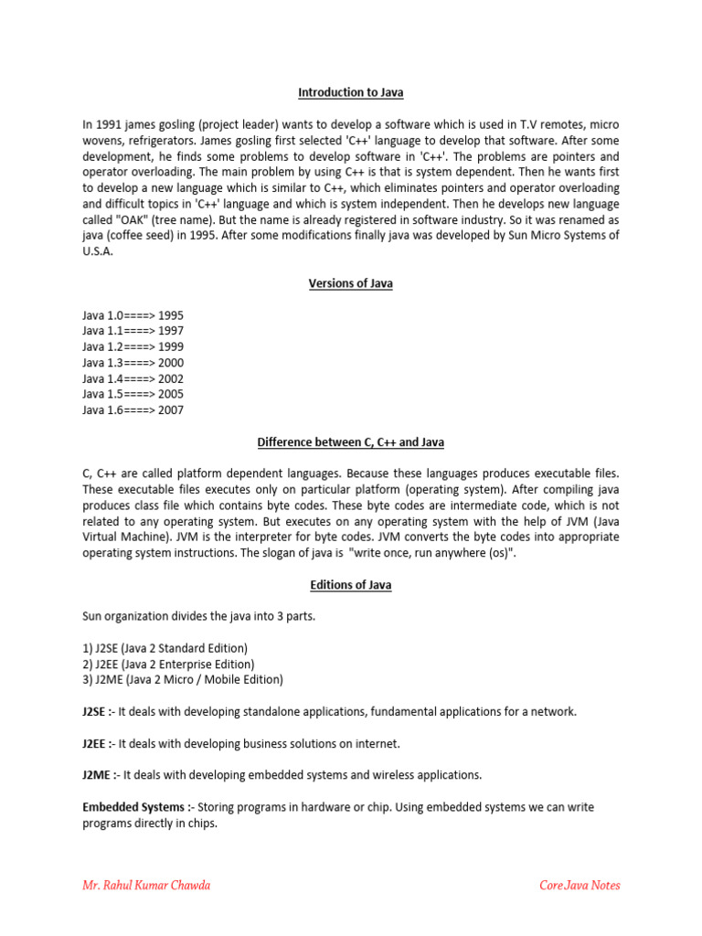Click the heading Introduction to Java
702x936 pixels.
click(x=351, y=92)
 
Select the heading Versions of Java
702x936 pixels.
click(x=351, y=283)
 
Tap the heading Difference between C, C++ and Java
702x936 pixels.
click(x=351, y=442)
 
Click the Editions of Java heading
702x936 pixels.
click(x=351, y=585)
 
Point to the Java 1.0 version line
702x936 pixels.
click(x=133, y=315)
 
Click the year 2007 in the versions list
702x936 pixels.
click(x=171, y=410)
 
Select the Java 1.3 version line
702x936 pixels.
click(x=133, y=363)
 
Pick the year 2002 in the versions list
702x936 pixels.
click(x=171, y=378)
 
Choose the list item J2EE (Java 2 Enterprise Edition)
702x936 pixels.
click(x=168, y=664)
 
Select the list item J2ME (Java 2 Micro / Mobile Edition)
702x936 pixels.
click(x=183, y=679)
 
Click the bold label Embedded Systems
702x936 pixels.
click(x=137, y=807)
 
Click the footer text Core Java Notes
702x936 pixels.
click(x=580, y=885)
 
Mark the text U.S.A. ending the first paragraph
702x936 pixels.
click(x=98, y=251)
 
